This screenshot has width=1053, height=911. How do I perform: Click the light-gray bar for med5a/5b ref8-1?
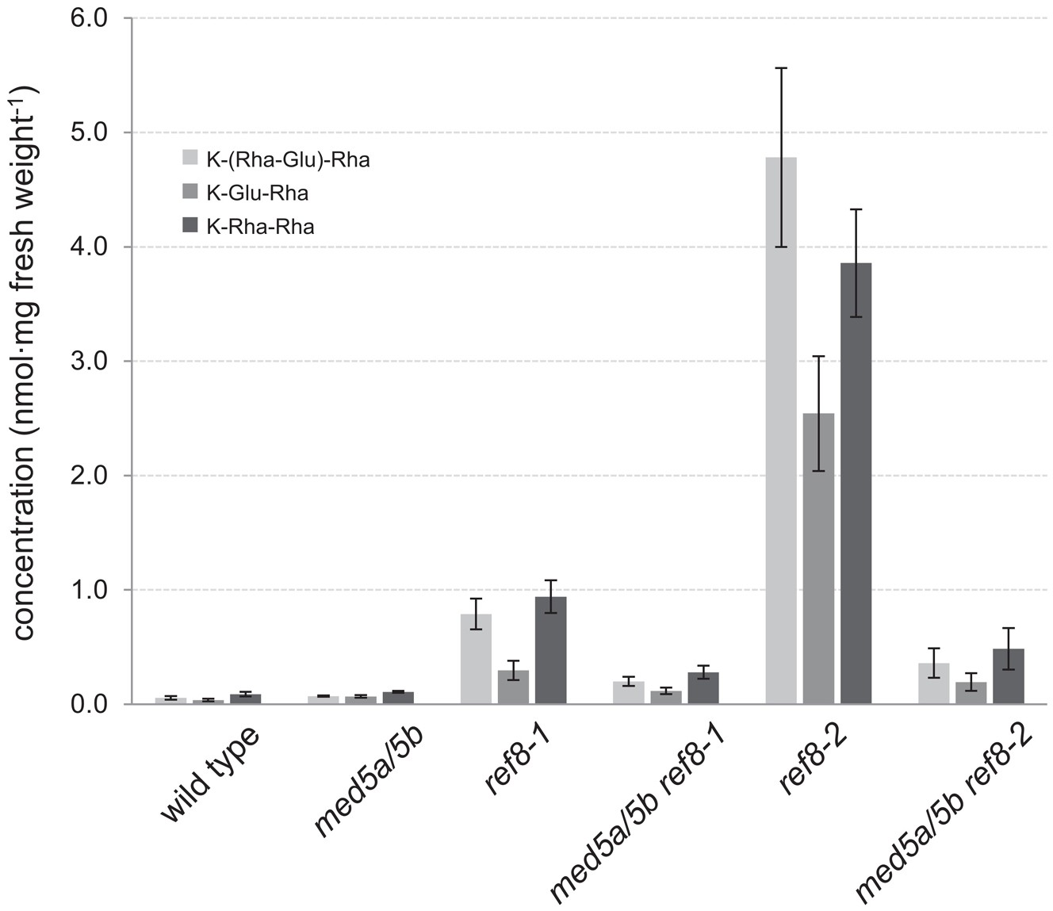(628, 694)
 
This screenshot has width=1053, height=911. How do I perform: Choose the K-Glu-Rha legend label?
(257, 193)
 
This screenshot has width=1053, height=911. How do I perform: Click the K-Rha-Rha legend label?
(260, 228)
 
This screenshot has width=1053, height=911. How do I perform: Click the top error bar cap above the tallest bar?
(781, 68)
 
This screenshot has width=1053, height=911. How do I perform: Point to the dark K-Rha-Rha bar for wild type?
(245, 699)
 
